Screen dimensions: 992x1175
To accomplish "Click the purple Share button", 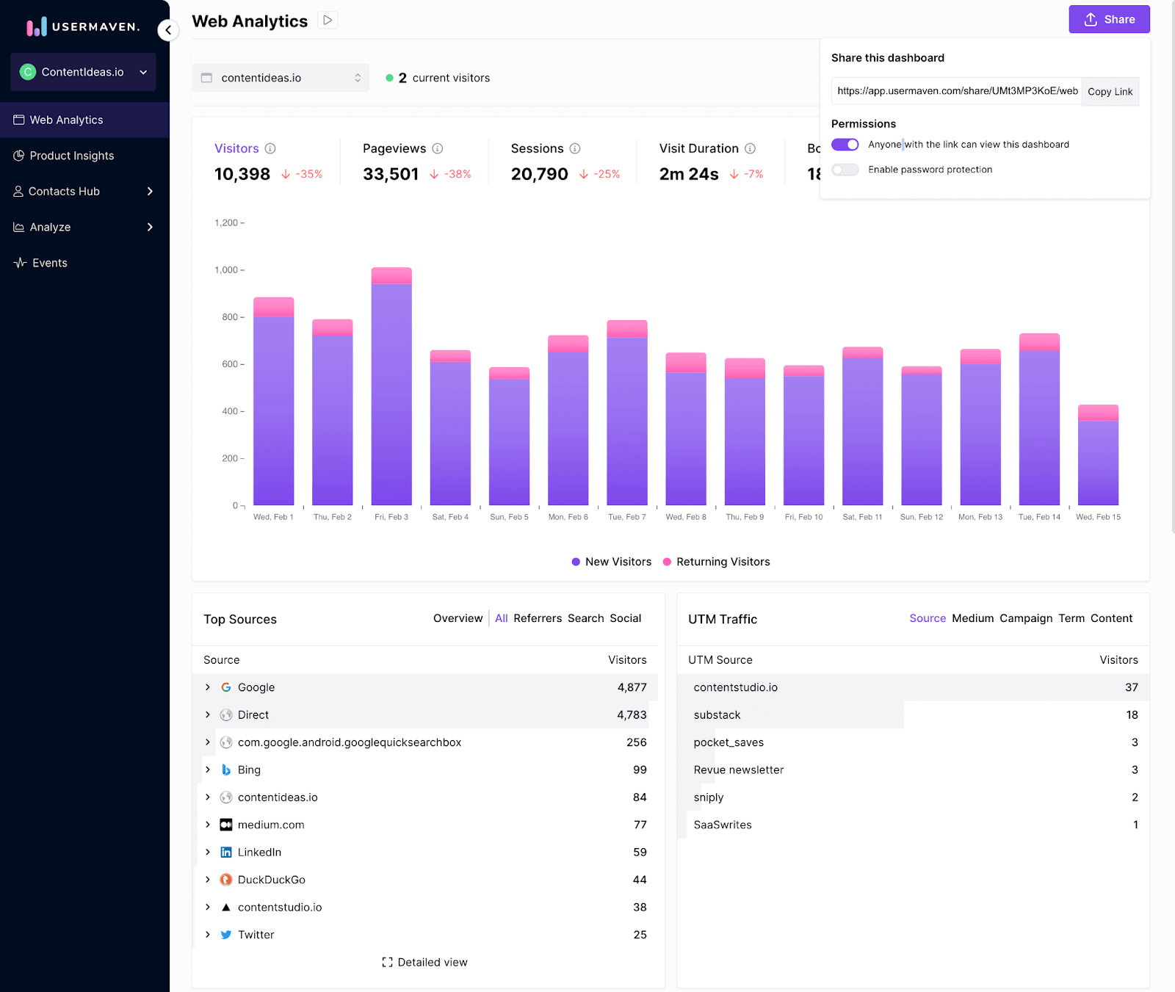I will [1109, 20].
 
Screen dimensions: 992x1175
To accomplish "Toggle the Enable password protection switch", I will [845, 170].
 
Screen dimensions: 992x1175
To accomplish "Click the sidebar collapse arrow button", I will [168, 30].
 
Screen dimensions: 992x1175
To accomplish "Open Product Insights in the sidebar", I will [72, 156].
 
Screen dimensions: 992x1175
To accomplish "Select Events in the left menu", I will [49, 263].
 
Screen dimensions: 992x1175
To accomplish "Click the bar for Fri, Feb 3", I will [391, 389].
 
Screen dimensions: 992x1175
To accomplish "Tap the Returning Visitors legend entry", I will [716, 562].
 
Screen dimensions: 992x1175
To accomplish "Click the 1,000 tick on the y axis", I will [225, 270].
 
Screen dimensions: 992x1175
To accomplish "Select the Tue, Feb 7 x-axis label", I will [626, 517].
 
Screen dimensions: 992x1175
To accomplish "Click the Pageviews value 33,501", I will [391, 174].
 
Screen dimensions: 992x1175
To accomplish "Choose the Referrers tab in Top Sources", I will [538, 618].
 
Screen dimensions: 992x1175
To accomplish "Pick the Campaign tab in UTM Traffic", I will [1026, 618].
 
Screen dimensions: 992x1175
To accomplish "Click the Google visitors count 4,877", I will [632, 687].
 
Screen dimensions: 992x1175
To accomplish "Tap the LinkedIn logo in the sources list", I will [226, 852].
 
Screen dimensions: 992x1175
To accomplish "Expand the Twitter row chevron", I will [208, 935].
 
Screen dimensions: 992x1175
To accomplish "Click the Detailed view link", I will [425, 962].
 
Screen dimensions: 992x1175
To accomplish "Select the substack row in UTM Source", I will [717, 715].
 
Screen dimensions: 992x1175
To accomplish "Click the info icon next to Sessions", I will [575, 148].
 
